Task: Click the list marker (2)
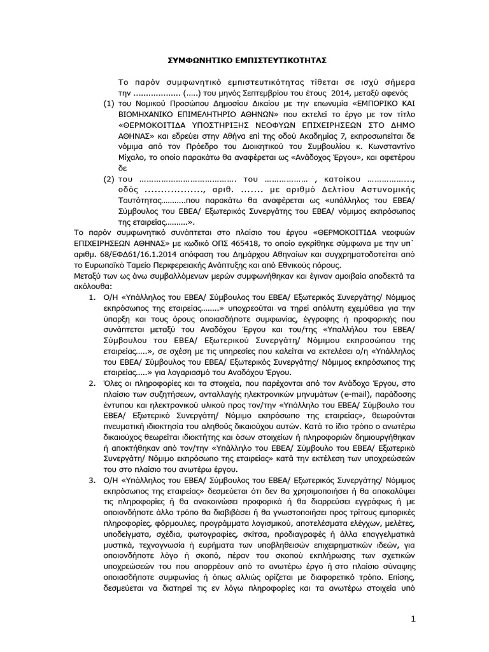[109, 180]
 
